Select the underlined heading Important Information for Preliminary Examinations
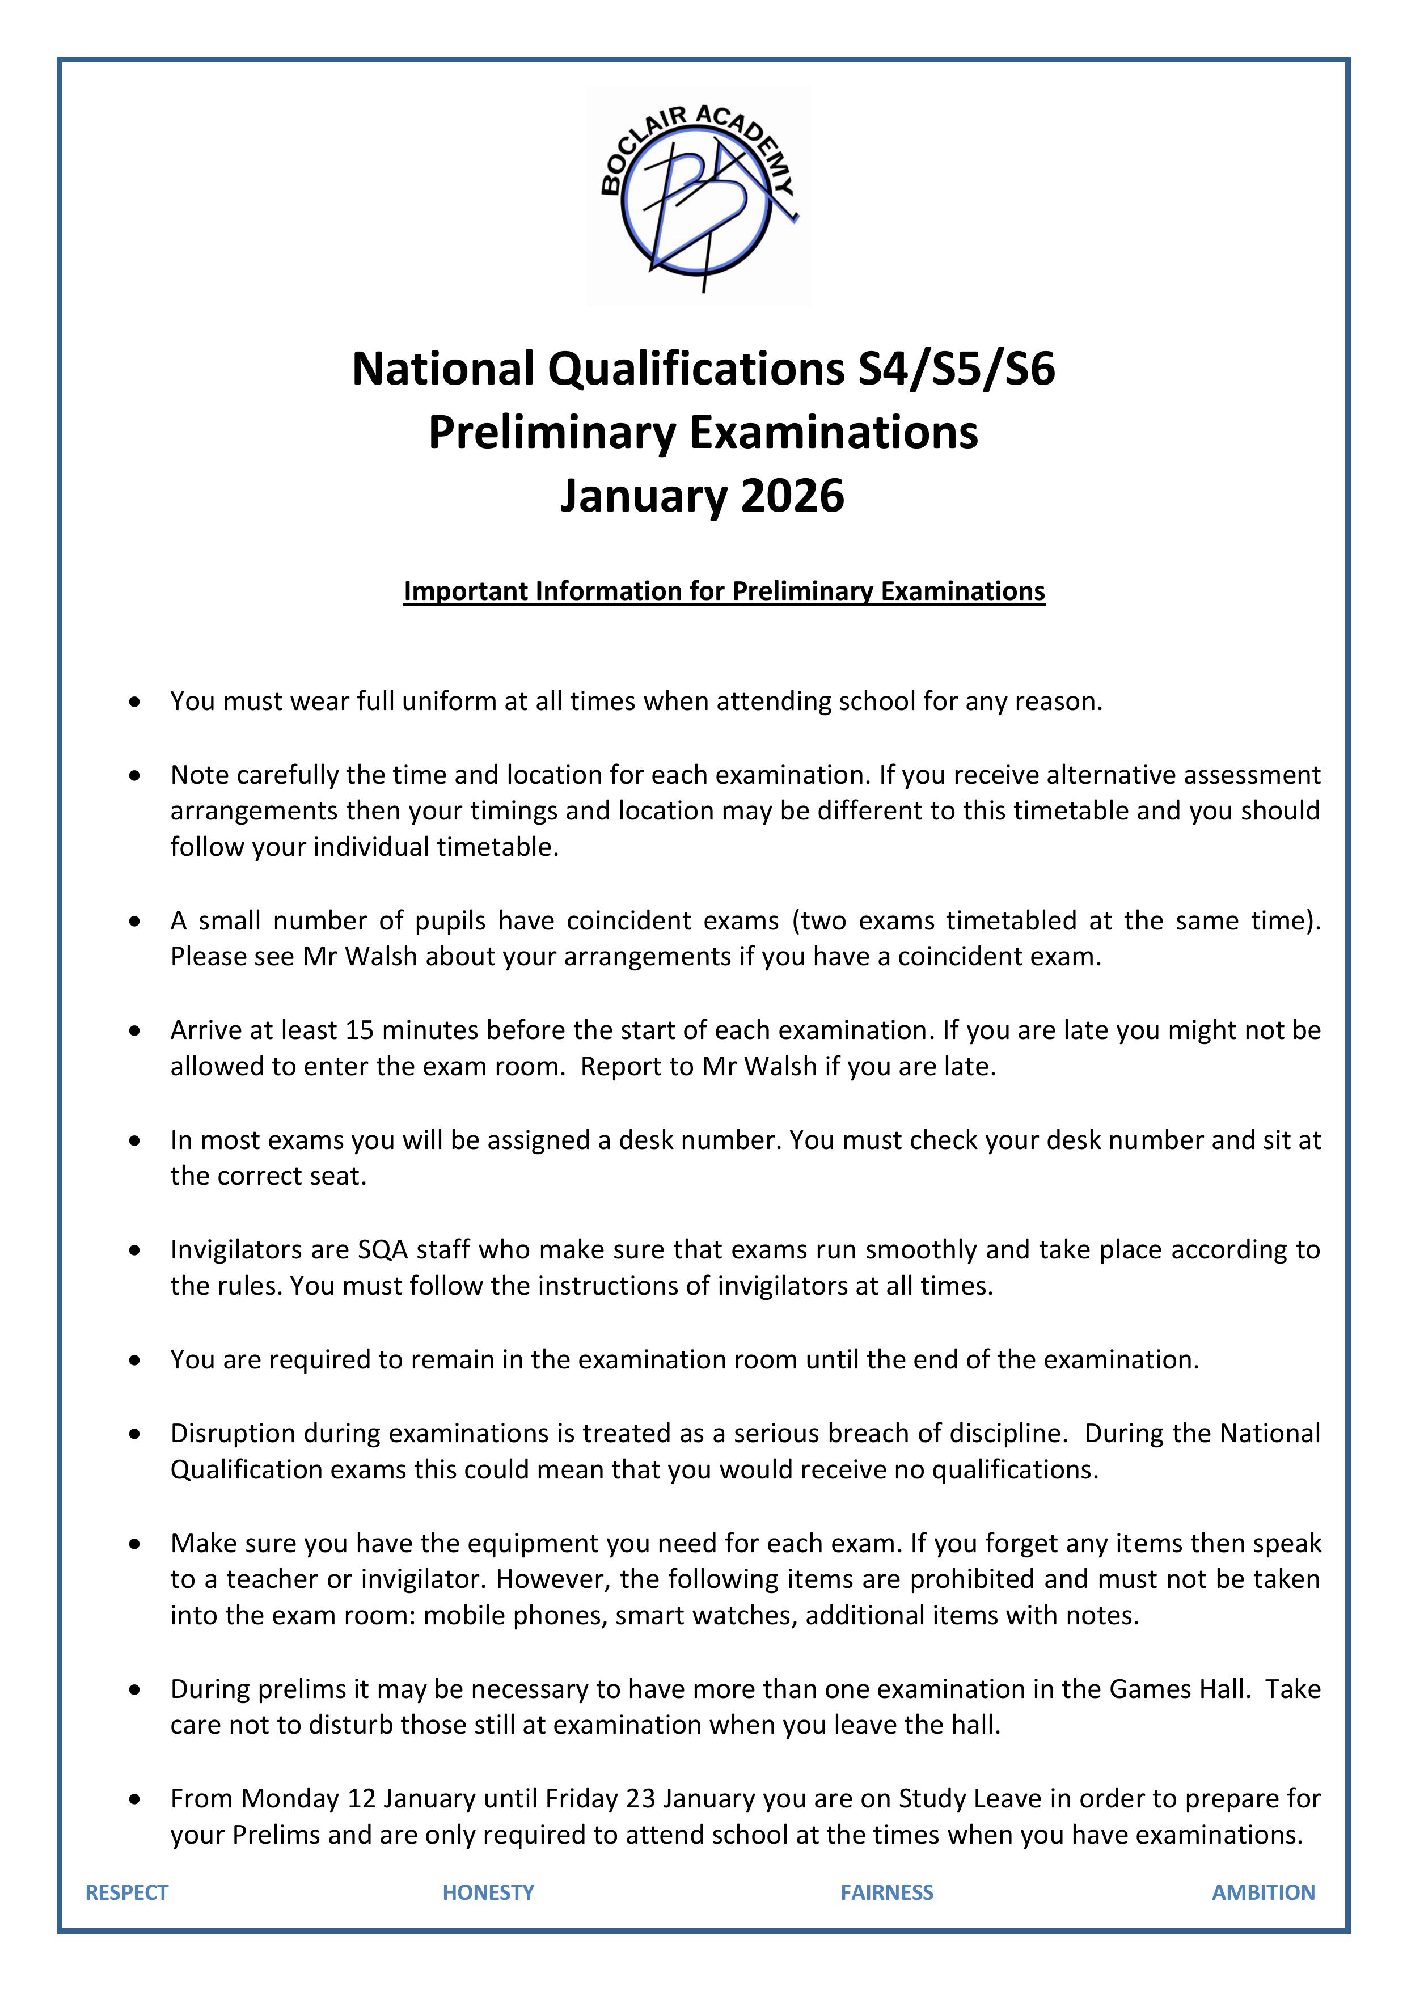point(724,591)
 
